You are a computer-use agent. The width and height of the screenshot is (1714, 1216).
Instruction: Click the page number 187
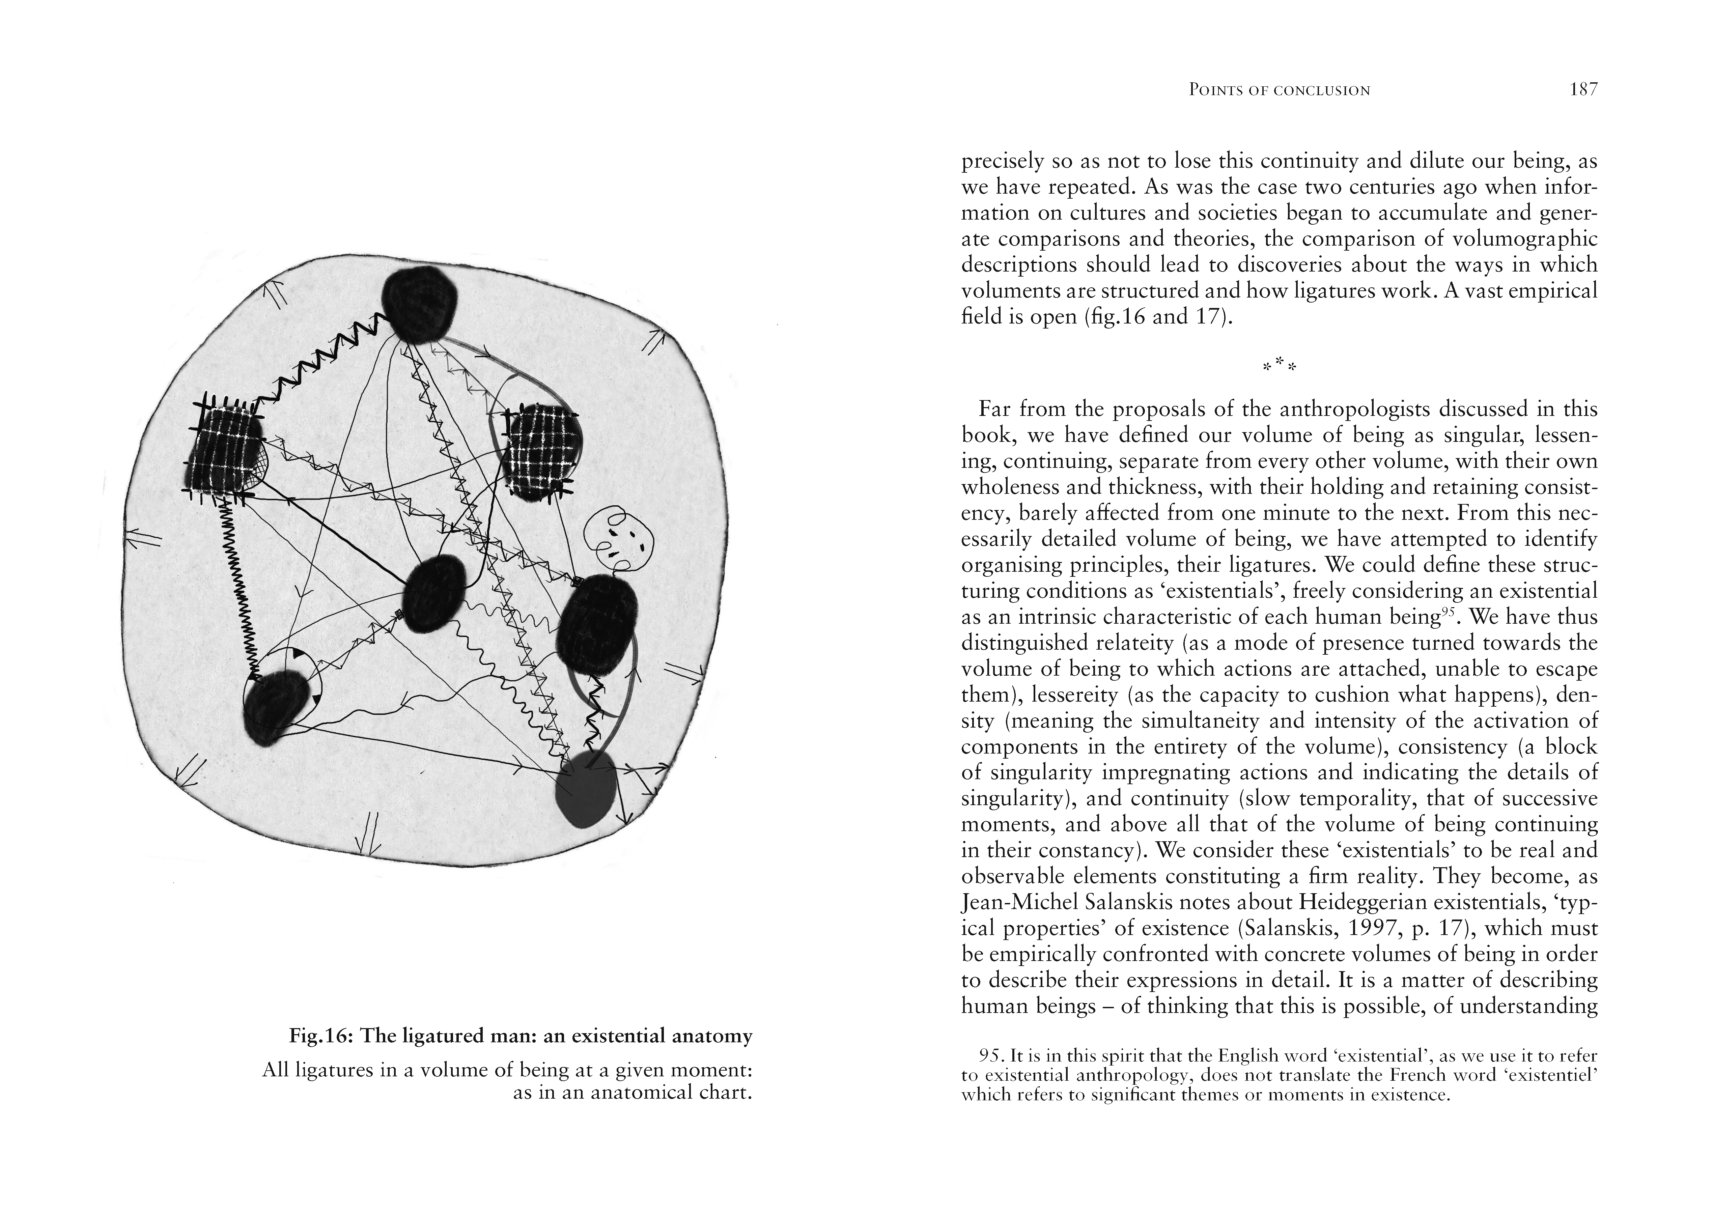click(x=1583, y=90)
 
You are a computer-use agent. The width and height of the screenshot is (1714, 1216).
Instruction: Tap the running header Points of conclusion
click(x=1269, y=91)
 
